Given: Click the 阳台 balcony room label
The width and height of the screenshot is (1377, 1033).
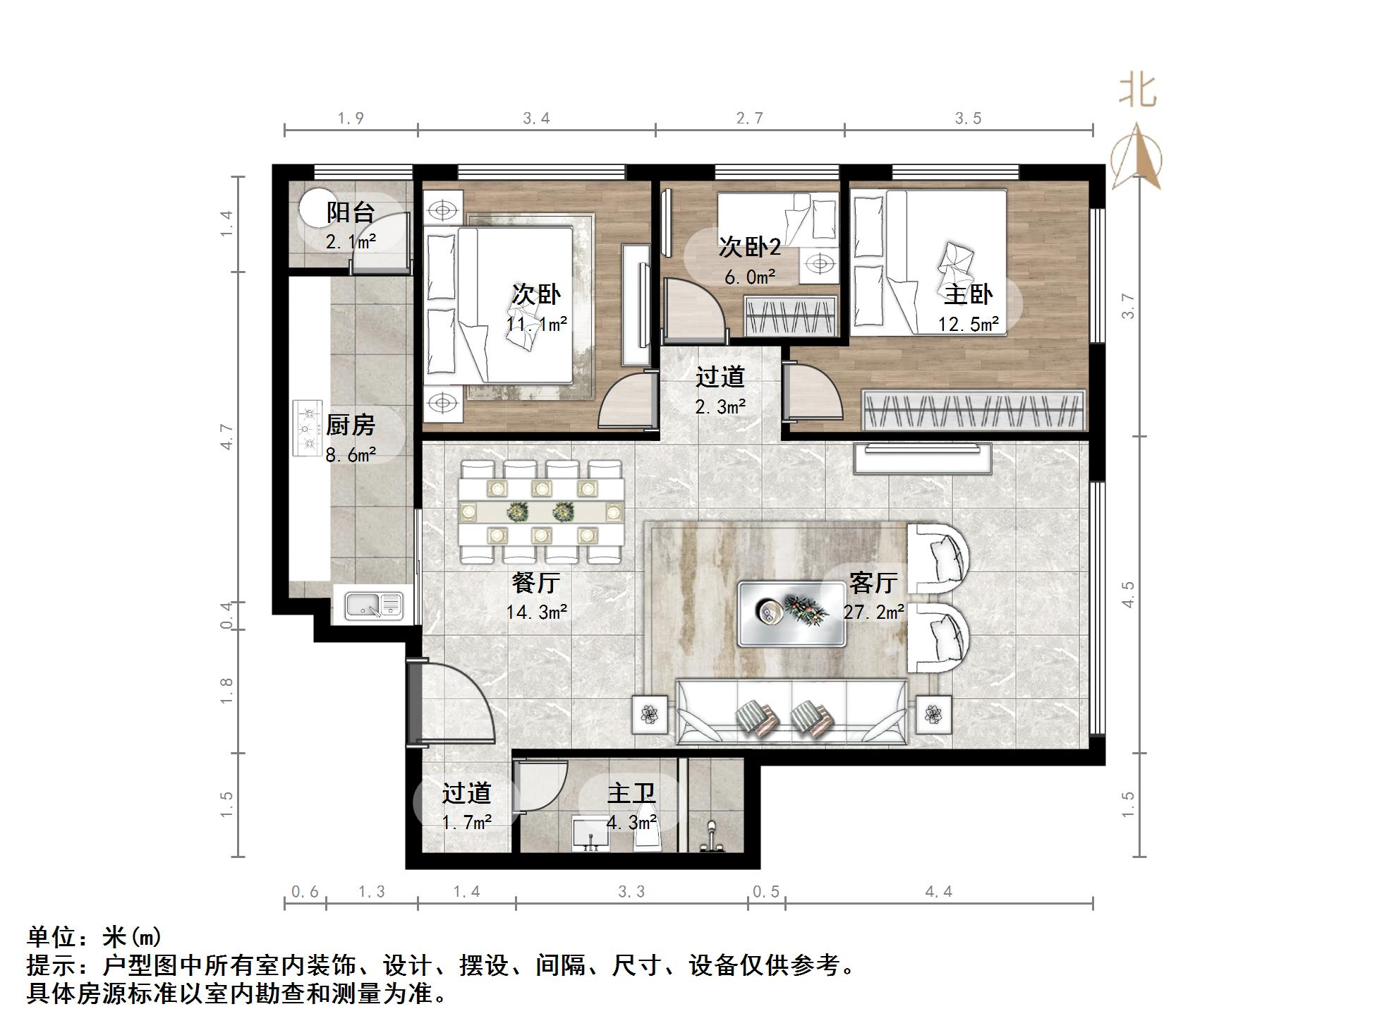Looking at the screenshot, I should pyautogui.click(x=350, y=212).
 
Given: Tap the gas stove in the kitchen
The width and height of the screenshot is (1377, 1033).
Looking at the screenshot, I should pyautogui.click(x=307, y=428).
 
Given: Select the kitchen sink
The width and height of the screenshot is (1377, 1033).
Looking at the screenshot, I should pyautogui.click(x=373, y=605).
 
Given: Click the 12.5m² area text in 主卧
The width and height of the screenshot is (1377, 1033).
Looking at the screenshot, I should pyautogui.click(x=968, y=325).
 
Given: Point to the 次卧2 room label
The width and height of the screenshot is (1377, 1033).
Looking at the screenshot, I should pyautogui.click(x=749, y=248).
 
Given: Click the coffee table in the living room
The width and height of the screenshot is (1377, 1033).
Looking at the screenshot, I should pyautogui.click(x=791, y=613).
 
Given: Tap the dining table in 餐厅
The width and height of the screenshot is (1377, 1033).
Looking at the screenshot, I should pyautogui.click(x=541, y=512).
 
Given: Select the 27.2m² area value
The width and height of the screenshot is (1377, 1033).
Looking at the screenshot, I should pyautogui.click(x=873, y=612).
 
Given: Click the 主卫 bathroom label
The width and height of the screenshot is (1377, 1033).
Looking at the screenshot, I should pyautogui.click(x=631, y=793).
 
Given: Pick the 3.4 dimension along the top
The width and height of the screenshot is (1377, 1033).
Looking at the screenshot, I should pyautogui.click(x=536, y=119).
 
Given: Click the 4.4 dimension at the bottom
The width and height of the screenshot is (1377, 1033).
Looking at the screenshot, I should pyautogui.click(x=938, y=892).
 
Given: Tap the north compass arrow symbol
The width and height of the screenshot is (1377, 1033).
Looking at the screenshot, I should pyautogui.click(x=1136, y=157).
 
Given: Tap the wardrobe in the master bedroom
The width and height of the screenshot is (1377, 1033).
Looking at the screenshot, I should pyautogui.click(x=973, y=409).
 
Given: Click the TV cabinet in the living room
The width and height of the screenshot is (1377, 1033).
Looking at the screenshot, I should pyautogui.click(x=922, y=459).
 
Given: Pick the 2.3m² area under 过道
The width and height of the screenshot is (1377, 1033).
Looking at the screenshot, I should pyautogui.click(x=720, y=407).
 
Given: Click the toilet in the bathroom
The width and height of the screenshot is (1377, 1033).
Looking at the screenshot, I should pyautogui.click(x=711, y=837).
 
